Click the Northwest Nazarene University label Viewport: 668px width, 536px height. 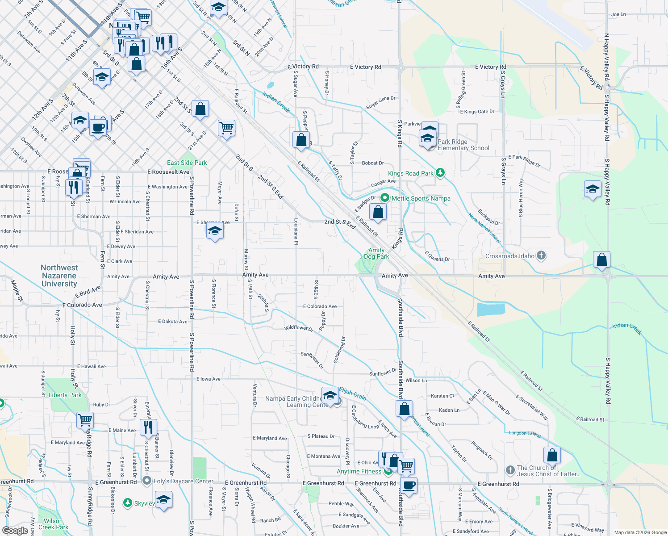pos(59,276)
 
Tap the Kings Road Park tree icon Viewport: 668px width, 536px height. pos(440,173)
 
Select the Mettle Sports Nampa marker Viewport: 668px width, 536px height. pos(385,198)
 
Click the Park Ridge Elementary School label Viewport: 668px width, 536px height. pos(463,145)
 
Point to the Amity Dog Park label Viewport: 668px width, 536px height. pos(376,254)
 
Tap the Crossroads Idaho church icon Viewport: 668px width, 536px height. pos(541,256)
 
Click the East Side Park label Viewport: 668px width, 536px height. pos(187,163)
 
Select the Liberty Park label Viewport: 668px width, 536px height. pos(65,395)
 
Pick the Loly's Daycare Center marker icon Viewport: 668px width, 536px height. pos(147,481)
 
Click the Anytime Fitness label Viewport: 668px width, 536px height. pos(359,471)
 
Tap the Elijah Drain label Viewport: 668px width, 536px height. pos(353,394)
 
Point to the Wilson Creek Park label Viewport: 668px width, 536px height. pos(53,524)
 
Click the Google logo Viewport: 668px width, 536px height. pos(15,531)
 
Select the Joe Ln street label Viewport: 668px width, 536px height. pos(618,14)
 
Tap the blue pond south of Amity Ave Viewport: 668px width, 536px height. pos(491,309)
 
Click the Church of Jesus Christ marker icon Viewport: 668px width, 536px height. pos(510,470)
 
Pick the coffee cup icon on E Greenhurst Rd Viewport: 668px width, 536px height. pos(409,485)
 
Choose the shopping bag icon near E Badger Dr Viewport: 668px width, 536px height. pos(378,212)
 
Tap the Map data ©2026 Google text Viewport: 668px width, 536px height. pos(640,532)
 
